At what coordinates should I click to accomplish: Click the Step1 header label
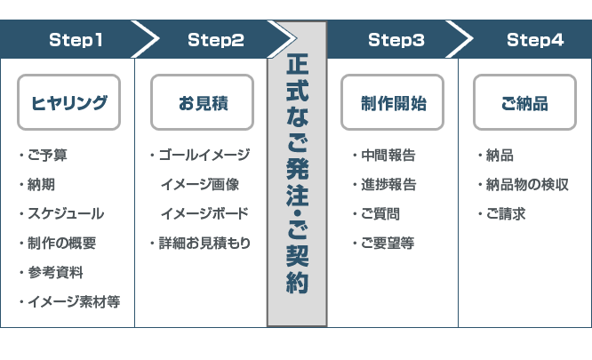tap(76, 39)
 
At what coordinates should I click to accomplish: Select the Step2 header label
tap(215, 39)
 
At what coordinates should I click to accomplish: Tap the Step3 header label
tap(396, 39)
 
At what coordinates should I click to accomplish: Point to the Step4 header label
tap(534, 39)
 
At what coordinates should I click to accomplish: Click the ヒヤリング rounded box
tap(69, 103)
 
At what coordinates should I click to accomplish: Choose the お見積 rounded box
tap(203, 103)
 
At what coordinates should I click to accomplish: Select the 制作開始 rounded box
tap(393, 103)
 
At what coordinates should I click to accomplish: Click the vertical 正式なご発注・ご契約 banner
tap(297, 173)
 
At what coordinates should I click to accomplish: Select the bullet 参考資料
tap(54, 272)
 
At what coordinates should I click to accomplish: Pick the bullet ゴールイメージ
tap(204, 156)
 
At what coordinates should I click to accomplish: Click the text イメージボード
tap(204, 214)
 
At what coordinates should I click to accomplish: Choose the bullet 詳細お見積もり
tap(204, 243)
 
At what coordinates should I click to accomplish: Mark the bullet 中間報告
tap(388, 156)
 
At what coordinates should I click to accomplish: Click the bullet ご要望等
tap(387, 243)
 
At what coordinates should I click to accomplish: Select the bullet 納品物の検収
tap(526, 185)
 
